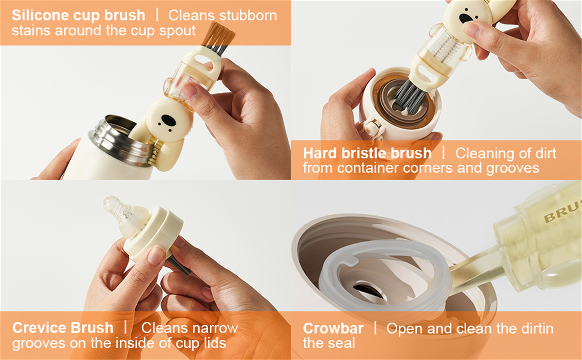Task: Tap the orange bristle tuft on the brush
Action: coord(219,34)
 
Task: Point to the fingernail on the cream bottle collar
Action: coord(156,255)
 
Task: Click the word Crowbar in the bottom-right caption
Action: coord(333,328)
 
